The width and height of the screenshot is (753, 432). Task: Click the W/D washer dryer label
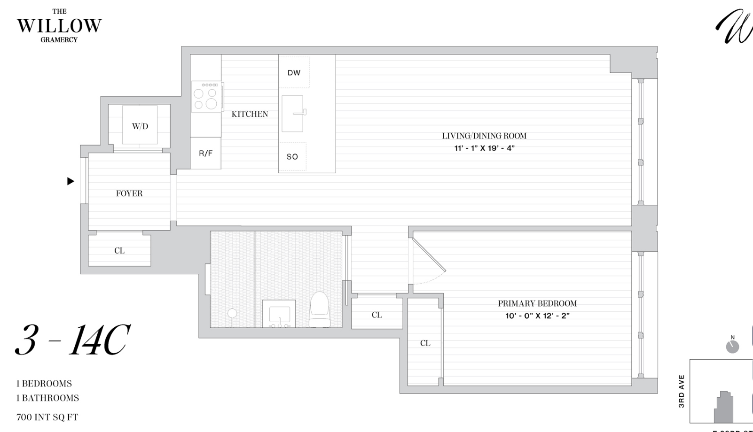140,126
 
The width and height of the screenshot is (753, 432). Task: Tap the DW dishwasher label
294,73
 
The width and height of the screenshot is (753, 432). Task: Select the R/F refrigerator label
205,154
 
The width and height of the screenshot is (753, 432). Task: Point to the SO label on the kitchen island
292,157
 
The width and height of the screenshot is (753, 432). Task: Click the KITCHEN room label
250,114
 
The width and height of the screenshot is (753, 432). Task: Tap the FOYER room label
129,193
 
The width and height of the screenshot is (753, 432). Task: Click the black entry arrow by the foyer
71,181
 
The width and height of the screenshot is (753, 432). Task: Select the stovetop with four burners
206,98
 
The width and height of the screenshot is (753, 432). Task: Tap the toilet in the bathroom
320,309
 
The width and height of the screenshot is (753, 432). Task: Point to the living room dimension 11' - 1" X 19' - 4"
484,148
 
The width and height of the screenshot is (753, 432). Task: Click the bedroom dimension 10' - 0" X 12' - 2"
537,316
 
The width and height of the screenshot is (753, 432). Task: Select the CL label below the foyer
119,251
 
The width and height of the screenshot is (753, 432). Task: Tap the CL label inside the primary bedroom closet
425,343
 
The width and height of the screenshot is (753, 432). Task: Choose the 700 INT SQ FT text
47,417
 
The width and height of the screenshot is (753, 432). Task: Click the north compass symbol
732,346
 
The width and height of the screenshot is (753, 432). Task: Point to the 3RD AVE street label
682,391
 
